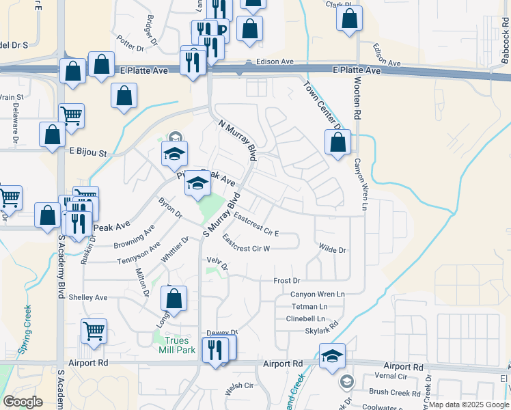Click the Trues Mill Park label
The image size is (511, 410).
177,344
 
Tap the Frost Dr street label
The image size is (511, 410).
287,281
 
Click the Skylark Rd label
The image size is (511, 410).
322,331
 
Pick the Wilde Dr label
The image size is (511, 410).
333,251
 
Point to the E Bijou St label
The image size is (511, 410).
88,152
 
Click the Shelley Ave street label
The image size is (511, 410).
88,297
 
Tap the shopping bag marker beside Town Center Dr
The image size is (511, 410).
337,144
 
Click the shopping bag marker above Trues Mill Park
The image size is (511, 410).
174,299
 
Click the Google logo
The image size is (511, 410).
23,402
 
